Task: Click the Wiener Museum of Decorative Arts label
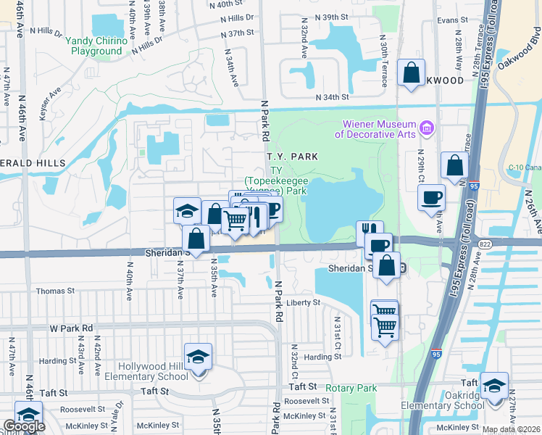[x=375, y=129]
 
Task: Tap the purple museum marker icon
[x=427, y=128]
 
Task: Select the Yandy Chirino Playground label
[x=96, y=46]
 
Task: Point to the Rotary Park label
[x=351, y=389]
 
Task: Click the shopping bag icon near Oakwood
[x=411, y=73]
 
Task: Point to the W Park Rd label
[x=72, y=328]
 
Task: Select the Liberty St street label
[x=303, y=302]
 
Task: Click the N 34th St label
[x=332, y=97]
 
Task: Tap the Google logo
[x=24, y=426]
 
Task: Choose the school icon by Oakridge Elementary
[x=494, y=385]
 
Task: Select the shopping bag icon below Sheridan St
[x=388, y=265]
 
